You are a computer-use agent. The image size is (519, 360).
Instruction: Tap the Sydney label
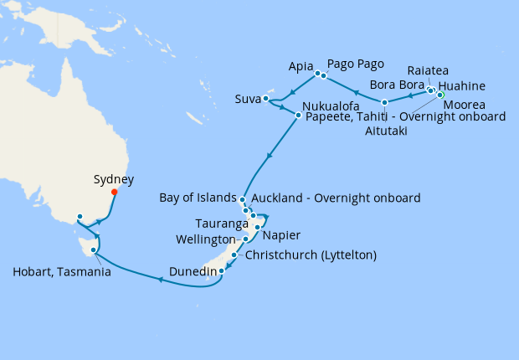coord(114,178)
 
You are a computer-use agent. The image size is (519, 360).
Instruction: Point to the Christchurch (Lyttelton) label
coord(309,255)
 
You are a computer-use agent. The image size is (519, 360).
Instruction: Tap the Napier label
coord(282,236)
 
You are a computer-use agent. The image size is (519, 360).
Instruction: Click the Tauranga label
coord(219,225)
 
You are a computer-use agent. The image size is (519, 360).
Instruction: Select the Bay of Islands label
coord(198,198)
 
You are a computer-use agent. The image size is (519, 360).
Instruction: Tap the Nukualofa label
coord(332,107)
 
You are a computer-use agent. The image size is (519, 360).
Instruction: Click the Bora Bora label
coord(397,85)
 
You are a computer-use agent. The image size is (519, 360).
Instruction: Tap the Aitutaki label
coord(383,131)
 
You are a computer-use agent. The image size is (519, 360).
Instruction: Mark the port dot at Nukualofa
coord(299,113)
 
